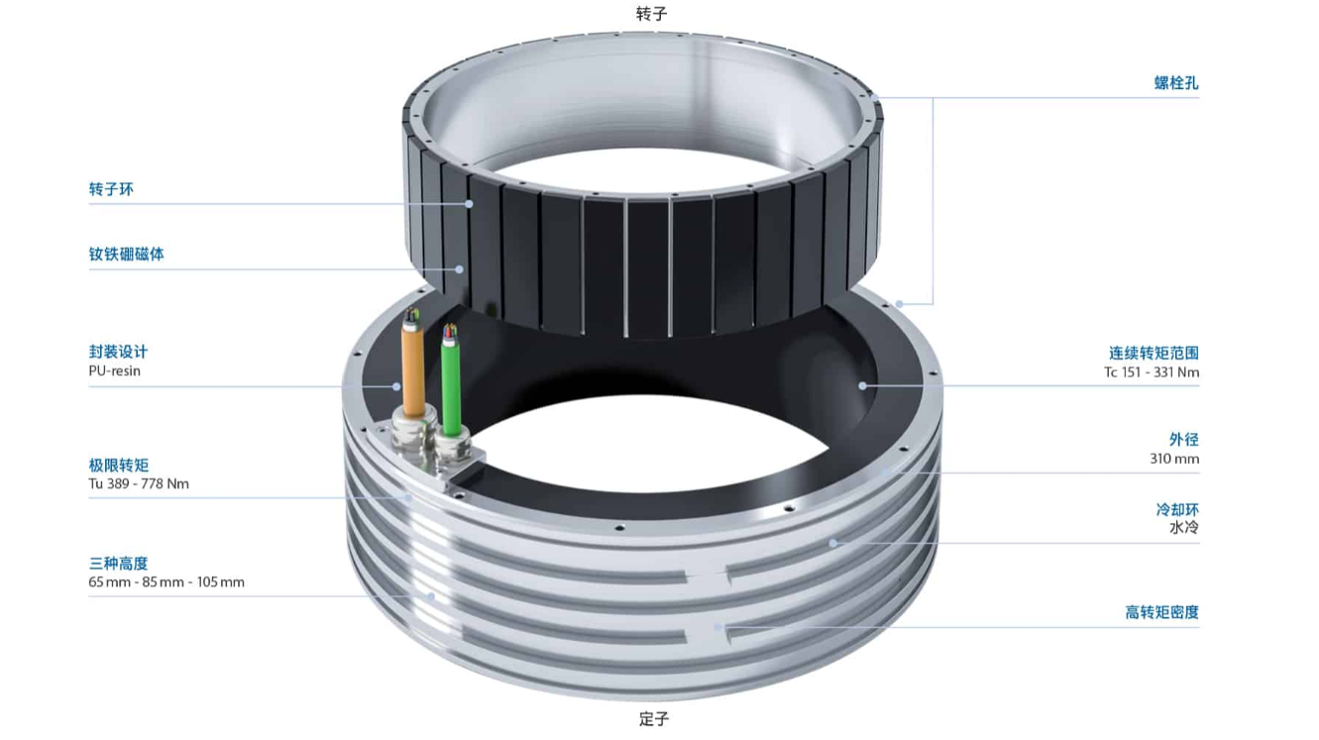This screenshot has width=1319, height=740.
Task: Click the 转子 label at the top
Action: click(x=651, y=14)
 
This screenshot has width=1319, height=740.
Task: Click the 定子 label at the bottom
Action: click(x=654, y=719)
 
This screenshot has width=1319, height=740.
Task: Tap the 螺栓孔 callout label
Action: click(x=1176, y=83)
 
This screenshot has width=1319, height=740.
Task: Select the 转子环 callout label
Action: click(x=111, y=189)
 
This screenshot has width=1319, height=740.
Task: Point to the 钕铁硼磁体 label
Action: click(x=126, y=254)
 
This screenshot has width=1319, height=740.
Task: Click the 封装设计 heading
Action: click(x=118, y=352)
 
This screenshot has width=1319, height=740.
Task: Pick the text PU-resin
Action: click(x=115, y=370)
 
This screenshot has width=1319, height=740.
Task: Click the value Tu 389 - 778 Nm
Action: click(x=139, y=483)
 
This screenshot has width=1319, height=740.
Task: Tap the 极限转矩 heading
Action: click(x=119, y=465)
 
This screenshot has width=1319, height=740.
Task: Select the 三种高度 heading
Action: click(x=118, y=564)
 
